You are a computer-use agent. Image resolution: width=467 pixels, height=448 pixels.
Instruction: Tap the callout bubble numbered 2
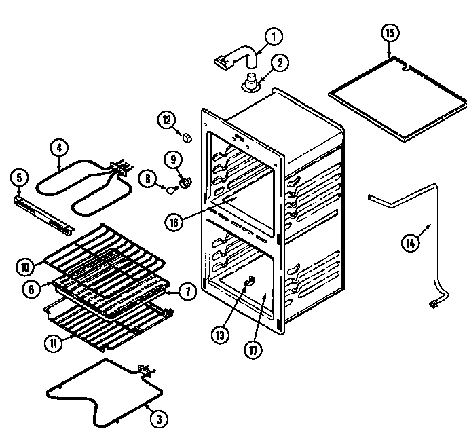[280, 62]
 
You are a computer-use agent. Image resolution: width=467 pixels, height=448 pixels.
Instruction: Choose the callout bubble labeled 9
[172, 160]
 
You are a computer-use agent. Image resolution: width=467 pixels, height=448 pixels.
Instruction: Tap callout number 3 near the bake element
[157, 419]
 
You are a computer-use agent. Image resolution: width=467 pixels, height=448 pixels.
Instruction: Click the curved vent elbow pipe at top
[238, 55]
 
